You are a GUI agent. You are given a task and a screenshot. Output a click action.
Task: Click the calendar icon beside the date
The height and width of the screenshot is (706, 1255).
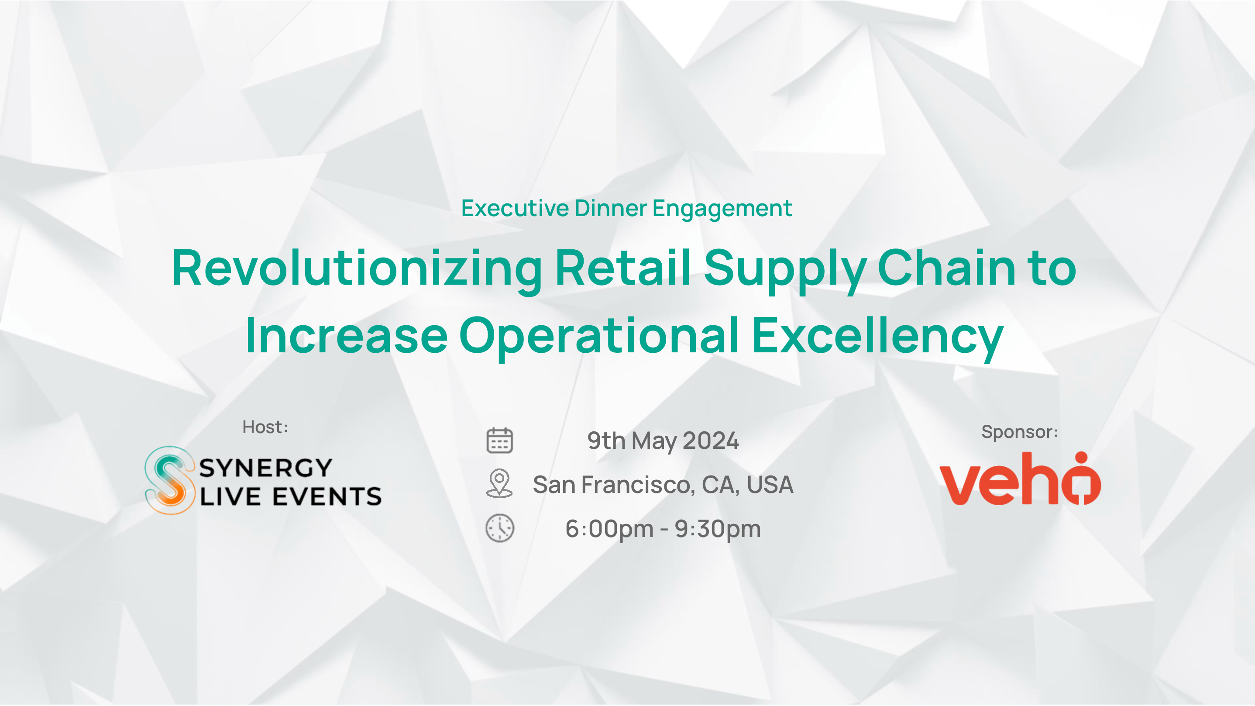click(499, 441)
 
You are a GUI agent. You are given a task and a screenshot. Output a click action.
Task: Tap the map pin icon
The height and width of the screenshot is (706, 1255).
click(499, 483)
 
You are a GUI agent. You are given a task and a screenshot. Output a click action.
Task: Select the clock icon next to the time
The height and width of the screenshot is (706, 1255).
click(499, 528)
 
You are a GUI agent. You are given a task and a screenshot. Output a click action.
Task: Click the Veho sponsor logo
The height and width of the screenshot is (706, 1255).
click(1020, 479)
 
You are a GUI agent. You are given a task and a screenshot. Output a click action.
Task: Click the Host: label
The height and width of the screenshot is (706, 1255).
click(265, 427)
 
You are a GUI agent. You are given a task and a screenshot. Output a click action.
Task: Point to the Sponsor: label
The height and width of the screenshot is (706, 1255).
click(1019, 432)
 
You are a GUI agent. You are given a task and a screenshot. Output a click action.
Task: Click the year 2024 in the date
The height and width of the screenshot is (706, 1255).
click(711, 441)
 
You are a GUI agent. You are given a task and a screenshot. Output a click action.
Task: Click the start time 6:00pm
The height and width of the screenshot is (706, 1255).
click(609, 529)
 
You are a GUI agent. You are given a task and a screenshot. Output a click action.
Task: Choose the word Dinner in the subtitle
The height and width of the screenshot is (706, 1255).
click(611, 208)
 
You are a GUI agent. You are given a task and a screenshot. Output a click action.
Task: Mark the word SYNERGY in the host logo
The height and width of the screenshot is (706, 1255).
click(265, 468)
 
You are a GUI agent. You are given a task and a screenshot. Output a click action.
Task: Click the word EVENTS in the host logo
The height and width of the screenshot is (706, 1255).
click(327, 496)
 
